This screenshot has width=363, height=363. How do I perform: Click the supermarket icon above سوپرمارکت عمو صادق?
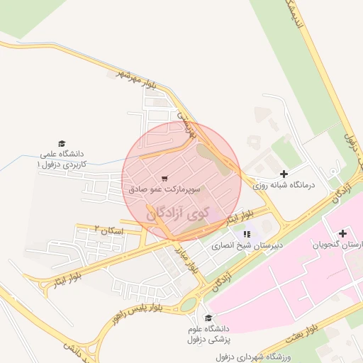[x=164, y=179]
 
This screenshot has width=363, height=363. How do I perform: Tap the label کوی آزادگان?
[x=179, y=212]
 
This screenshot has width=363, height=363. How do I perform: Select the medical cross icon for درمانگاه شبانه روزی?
[x=284, y=174]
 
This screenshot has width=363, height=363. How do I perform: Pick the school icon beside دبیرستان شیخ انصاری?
[x=247, y=233]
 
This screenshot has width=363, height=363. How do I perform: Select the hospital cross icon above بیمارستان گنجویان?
[x=343, y=233]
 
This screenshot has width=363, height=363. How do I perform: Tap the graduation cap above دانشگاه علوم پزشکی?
[x=208, y=318]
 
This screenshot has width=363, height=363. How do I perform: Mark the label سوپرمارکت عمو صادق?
[x=166, y=190]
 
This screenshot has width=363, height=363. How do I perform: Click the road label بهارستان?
[x=186, y=121]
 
